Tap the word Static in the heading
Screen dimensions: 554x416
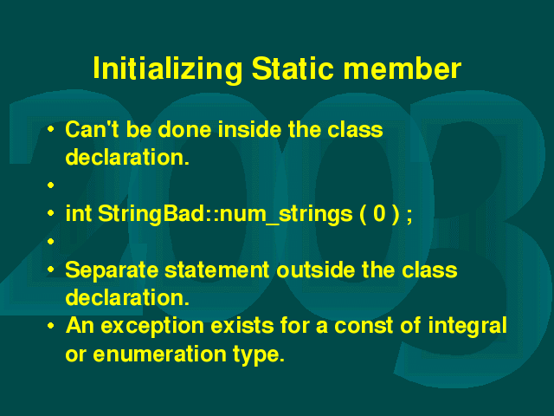point(293,68)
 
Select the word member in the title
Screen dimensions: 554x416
point(402,68)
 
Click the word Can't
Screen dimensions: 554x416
point(93,129)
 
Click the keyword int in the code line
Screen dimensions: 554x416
point(79,213)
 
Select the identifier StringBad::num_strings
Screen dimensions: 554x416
point(225,214)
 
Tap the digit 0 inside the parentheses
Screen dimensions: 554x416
point(379,214)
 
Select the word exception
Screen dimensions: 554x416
point(152,327)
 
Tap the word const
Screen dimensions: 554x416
point(364,326)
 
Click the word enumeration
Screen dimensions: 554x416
point(159,354)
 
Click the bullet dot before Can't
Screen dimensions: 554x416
point(51,129)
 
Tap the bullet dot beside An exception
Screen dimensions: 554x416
point(51,326)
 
